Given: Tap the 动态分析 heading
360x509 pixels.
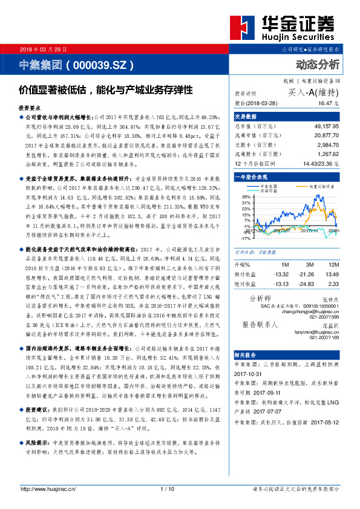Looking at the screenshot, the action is tap(318, 65).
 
